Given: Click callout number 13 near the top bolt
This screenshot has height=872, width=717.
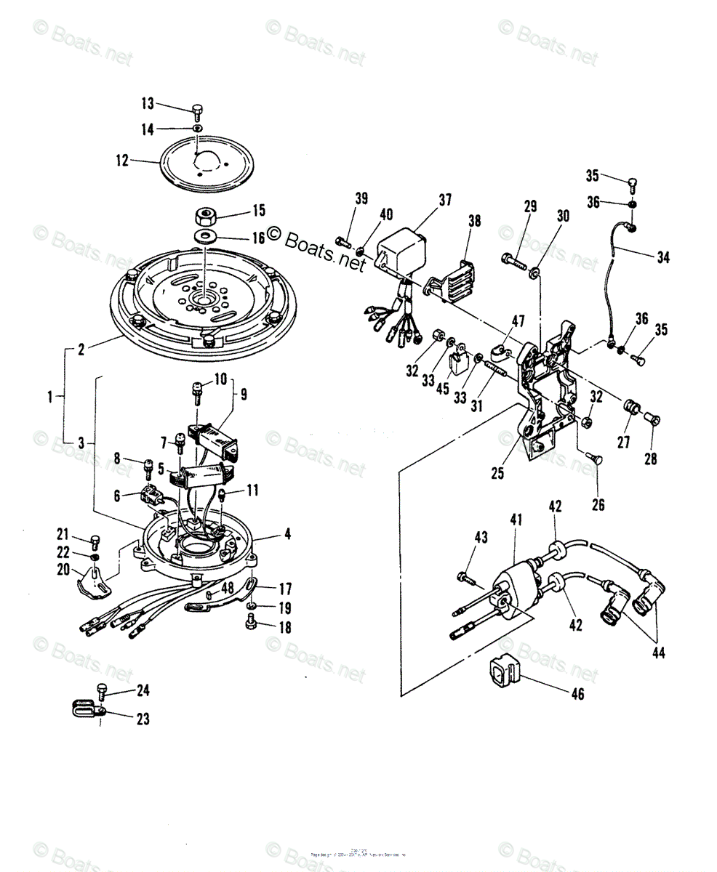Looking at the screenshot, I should [148, 102].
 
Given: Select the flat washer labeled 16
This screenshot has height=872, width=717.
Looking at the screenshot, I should [207, 237].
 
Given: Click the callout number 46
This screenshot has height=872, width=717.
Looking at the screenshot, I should [577, 694].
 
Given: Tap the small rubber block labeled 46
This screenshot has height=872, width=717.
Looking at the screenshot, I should [501, 674].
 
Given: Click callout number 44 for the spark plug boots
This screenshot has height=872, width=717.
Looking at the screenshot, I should [657, 653].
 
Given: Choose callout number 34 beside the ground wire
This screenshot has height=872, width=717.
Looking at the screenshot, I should [663, 257].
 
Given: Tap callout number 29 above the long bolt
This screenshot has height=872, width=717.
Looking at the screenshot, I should [530, 206].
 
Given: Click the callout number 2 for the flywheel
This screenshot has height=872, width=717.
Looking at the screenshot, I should [81, 350].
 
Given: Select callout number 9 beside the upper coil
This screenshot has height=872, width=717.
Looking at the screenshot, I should [244, 395].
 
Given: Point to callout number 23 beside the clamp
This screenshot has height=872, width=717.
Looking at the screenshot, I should [143, 719].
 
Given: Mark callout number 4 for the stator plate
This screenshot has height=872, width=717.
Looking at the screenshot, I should [287, 534].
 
